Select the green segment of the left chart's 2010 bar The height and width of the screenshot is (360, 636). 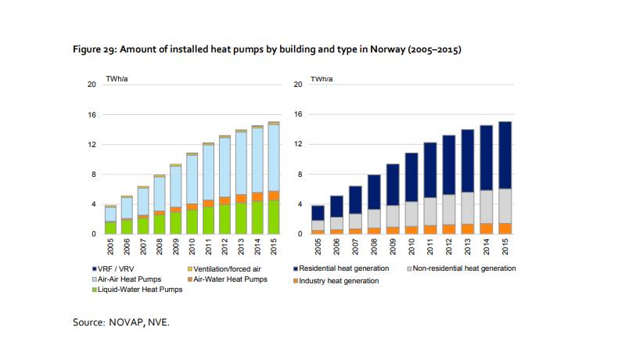pos(192,222)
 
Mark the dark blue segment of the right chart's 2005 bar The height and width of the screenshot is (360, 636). pos(318,212)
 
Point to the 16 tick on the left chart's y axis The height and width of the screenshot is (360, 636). pos(92,115)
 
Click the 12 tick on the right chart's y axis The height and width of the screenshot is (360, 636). pos(297,145)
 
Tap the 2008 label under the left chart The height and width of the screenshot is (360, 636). pos(159,247)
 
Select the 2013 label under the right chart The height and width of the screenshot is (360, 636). pos(467,247)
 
